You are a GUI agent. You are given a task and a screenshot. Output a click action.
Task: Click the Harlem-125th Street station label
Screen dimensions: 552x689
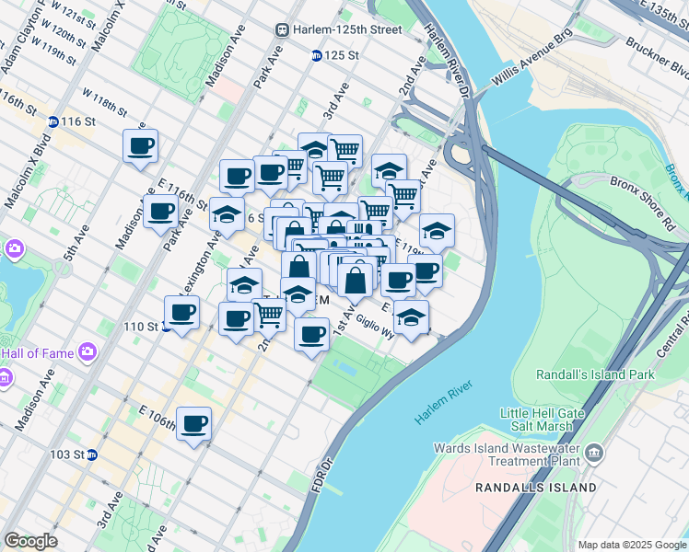pos(339,29)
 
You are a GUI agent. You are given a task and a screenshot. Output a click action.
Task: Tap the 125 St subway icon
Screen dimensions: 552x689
pos(316,55)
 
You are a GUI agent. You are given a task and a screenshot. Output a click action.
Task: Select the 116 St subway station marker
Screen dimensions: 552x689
pos(53,121)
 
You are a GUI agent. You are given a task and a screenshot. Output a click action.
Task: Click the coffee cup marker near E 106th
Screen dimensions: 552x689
pos(193,424)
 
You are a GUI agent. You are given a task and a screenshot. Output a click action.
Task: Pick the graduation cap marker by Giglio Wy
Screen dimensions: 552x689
pos(412,317)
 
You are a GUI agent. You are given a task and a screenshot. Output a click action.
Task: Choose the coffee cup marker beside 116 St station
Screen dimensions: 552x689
pos(140,145)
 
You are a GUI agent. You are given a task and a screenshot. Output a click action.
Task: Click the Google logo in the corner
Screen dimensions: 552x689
pos(30,541)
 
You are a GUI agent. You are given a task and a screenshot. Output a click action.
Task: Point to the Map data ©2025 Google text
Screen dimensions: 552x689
pos(632,545)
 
